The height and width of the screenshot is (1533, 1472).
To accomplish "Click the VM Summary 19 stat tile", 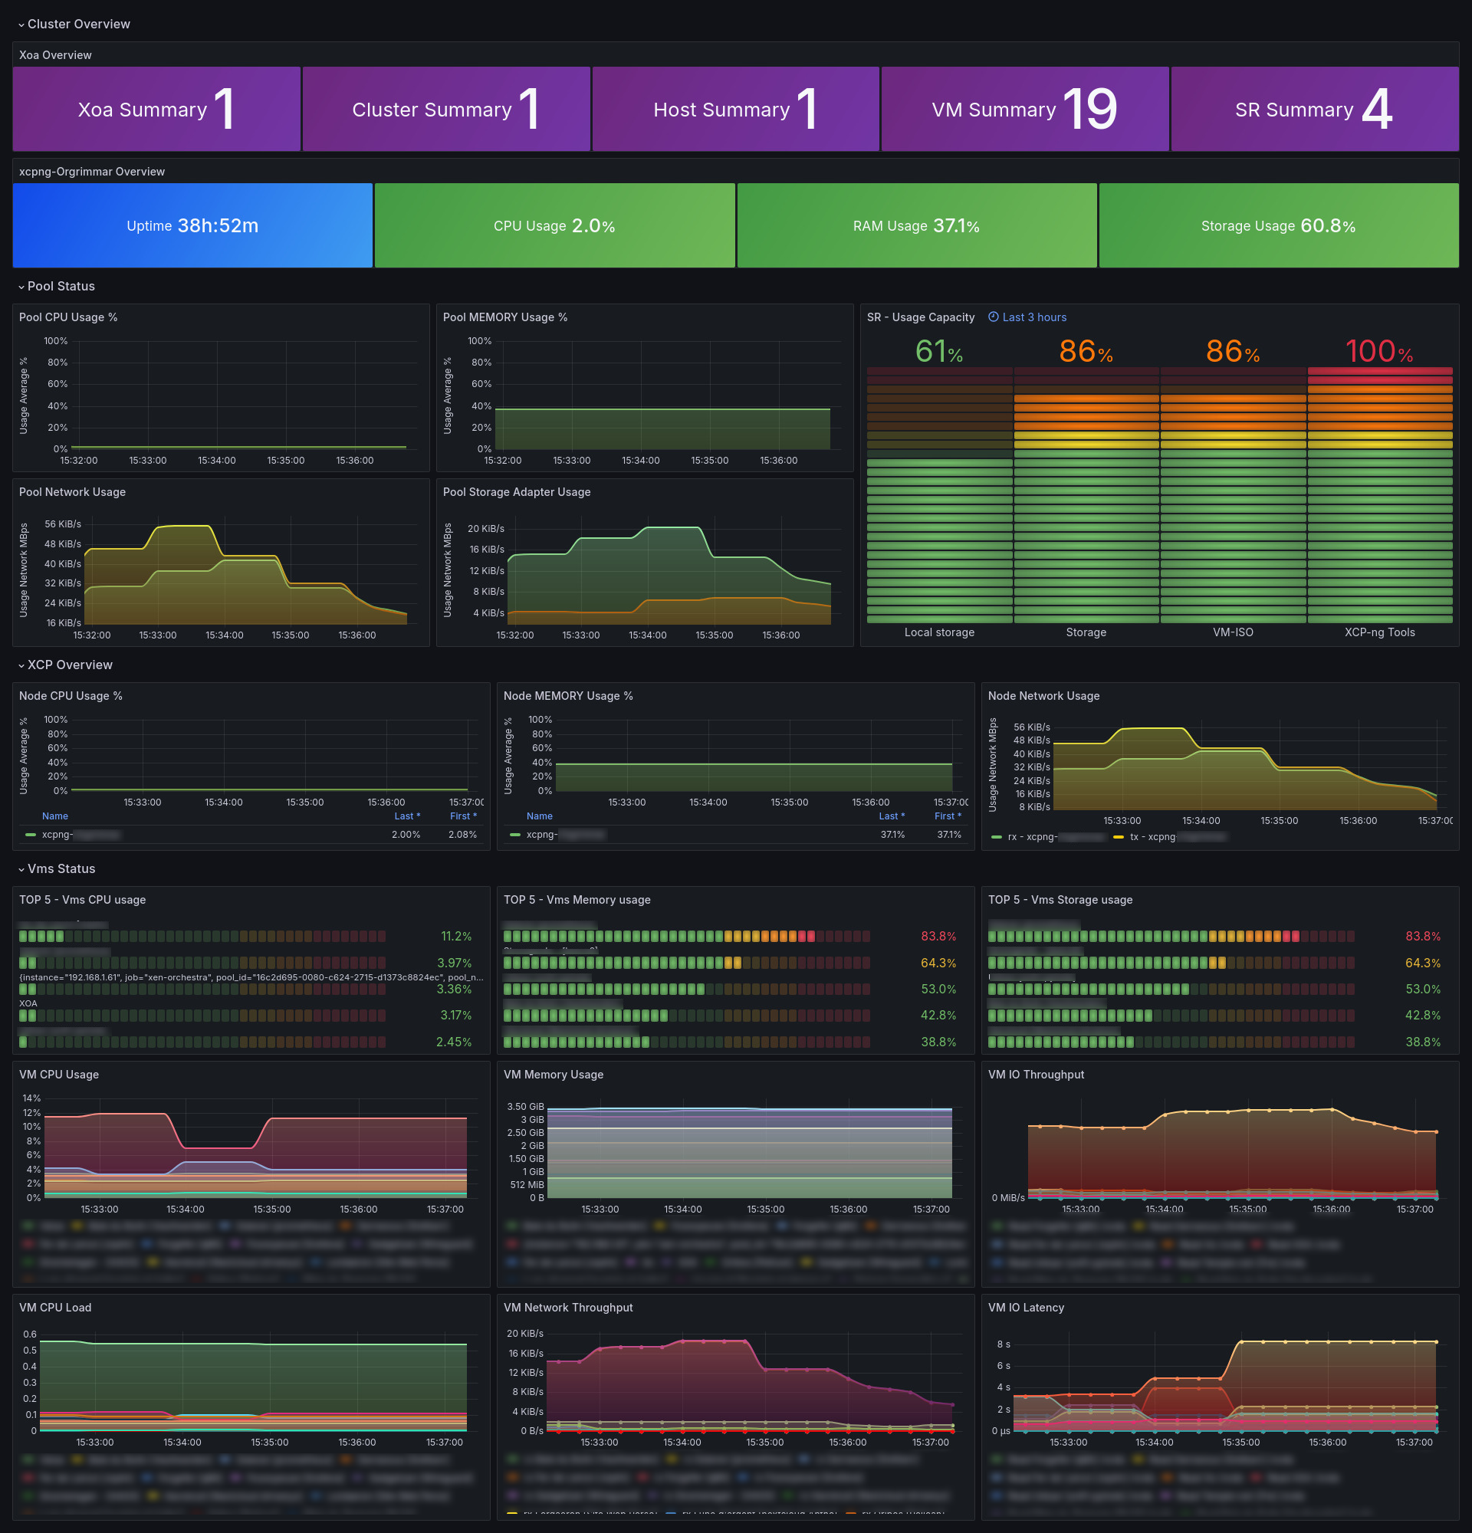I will (x=1024, y=110).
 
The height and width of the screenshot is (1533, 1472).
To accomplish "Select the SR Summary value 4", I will (x=1377, y=110).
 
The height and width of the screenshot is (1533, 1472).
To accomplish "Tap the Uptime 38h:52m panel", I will (x=192, y=226).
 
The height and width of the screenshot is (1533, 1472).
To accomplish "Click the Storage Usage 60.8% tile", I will (x=1278, y=226).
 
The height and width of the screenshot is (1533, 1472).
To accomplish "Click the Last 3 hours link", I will (x=1033, y=317).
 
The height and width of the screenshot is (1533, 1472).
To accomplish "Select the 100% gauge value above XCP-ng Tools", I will (x=1379, y=352).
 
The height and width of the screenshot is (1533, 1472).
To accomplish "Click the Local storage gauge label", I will (x=939, y=632).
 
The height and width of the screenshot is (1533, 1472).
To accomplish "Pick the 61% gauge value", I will (x=938, y=352).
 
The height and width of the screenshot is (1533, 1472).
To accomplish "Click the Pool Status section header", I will (x=61, y=286).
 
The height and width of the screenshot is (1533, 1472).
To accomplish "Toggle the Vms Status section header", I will (x=61, y=869).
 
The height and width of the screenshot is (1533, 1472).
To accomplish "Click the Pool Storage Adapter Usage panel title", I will (x=516, y=492).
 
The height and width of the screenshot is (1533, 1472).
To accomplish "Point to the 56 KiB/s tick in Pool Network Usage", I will (x=63, y=524).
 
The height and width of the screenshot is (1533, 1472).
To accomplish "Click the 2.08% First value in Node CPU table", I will (x=462, y=835).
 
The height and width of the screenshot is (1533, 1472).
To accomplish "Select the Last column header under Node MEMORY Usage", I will (x=890, y=816).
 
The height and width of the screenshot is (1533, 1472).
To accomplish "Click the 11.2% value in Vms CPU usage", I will (x=456, y=936).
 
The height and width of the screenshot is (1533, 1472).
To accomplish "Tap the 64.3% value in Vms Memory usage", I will (x=938, y=963).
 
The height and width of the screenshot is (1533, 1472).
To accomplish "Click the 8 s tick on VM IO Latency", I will (x=1003, y=1344).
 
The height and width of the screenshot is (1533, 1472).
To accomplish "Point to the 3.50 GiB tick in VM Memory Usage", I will (x=525, y=1107).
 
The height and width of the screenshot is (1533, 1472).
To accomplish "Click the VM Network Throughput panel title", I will (x=568, y=1308).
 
